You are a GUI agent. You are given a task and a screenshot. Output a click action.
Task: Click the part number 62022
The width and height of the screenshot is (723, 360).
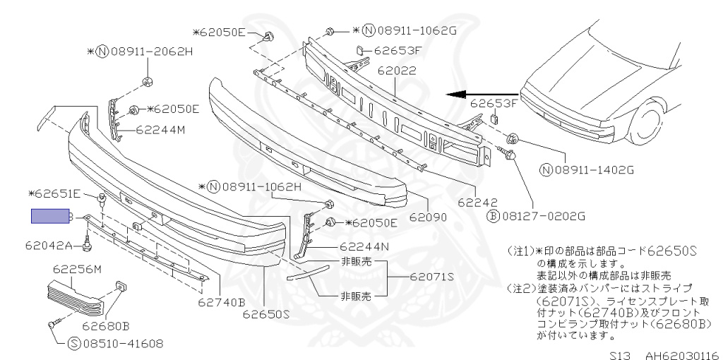[x=397, y=71]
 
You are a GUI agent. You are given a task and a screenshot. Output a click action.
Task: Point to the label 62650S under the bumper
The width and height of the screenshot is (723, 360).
[x=266, y=314]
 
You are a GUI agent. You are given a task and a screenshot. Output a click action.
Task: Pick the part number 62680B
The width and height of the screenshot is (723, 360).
[x=106, y=326]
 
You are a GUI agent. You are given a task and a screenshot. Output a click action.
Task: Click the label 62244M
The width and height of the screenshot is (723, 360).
[x=160, y=130]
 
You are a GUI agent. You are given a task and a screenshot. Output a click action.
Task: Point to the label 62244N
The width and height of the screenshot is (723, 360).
[x=364, y=247]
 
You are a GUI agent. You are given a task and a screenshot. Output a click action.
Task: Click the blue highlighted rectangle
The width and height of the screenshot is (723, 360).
[x=49, y=216]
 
